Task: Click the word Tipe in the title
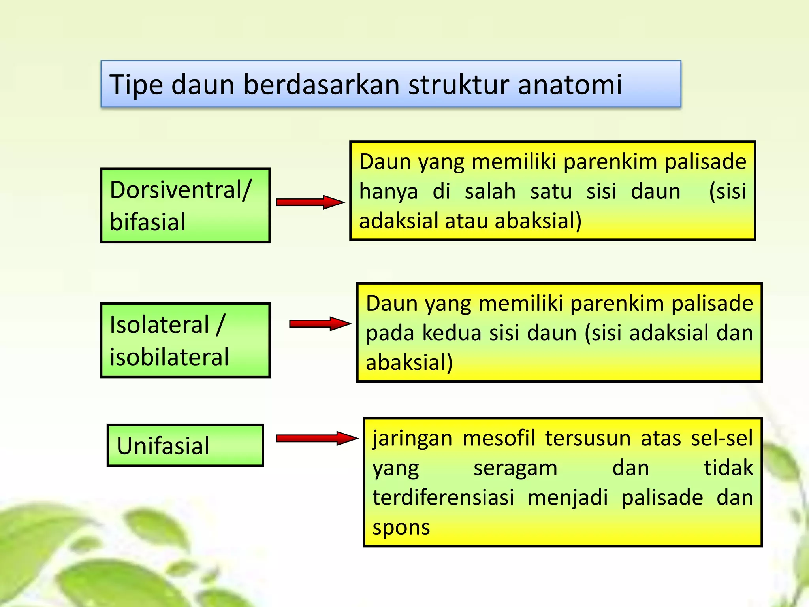click(x=136, y=85)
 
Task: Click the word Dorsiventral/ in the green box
click(x=181, y=190)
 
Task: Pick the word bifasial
click(x=147, y=222)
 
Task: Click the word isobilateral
click(x=169, y=357)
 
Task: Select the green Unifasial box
click(x=185, y=445)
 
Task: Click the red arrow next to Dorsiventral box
click(x=310, y=202)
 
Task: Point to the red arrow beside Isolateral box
click(x=320, y=324)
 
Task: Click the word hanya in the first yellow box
click(x=388, y=192)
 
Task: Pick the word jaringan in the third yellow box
click(x=412, y=439)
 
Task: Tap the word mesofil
click(x=499, y=438)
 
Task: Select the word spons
click(x=401, y=528)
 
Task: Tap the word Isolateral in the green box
click(x=159, y=325)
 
